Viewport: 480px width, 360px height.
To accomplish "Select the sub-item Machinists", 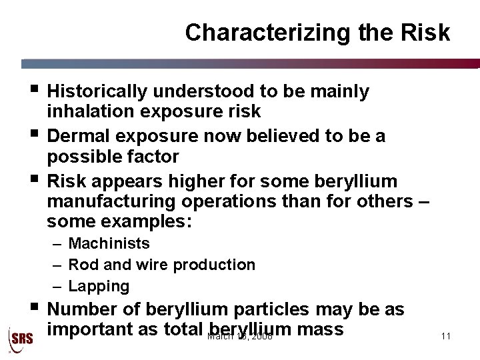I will click(x=109, y=244).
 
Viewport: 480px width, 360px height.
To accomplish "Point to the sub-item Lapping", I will click(x=99, y=286).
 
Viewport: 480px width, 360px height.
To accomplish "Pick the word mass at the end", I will click(x=320, y=329).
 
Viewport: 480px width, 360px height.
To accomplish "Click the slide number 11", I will click(x=446, y=335).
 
